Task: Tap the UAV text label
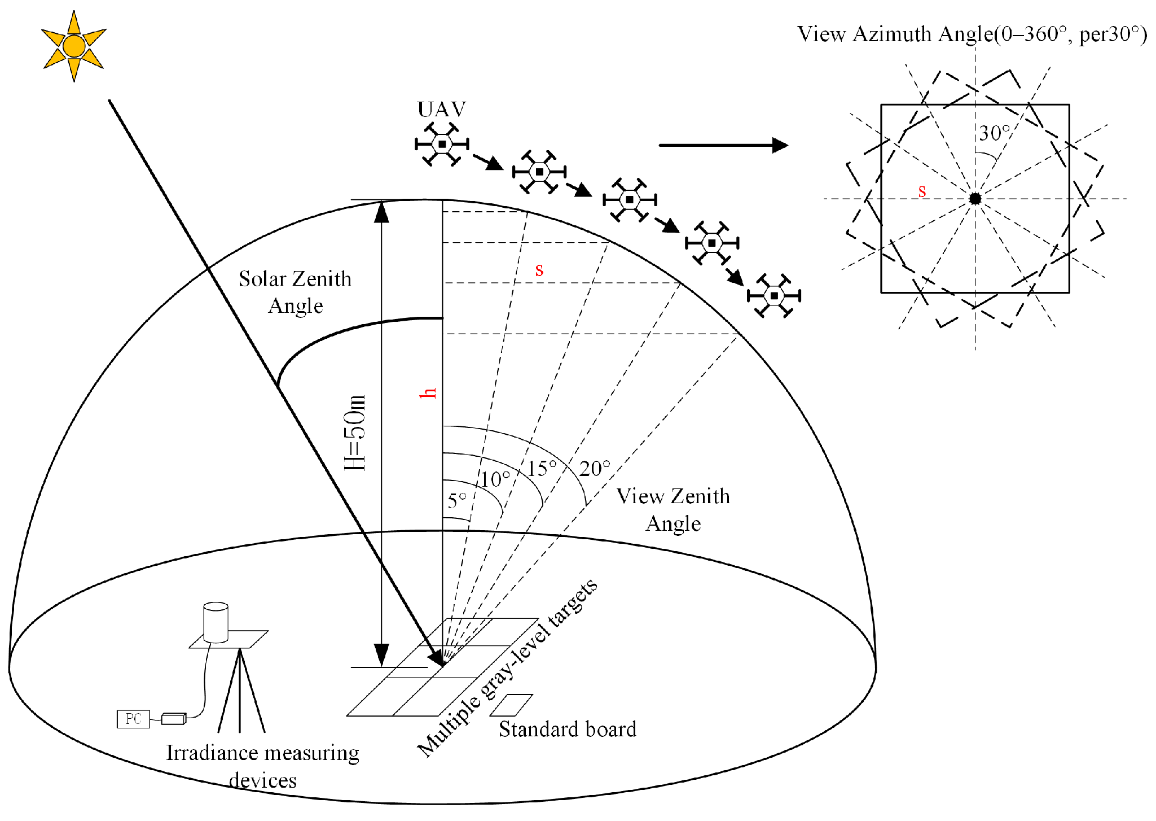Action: click(x=441, y=109)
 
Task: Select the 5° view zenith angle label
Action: click(x=457, y=500)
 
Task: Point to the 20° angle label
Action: click(x=595, y=469)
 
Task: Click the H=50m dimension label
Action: click(x=355, y=433)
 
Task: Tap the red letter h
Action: click(x=428, y=393)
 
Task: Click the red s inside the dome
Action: click(x=539, y=269)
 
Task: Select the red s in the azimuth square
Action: click(x=922, y=191)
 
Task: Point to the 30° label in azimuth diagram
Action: click(x=994, y=133)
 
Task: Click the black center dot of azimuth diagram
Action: click(x=975, y=199)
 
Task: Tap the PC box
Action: click(x=133, y=719)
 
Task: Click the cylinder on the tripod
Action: click(x=216, y=622)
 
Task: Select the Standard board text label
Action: click(x=567, y=730)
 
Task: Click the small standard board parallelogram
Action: click(x=511, y=705)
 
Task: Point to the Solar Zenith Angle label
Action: click(x=295, y=292)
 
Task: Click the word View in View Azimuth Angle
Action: click(x=821, y=34)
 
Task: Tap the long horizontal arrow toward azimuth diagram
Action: click(x=723, y=145)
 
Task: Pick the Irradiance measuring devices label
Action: click(x=263, y=766)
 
